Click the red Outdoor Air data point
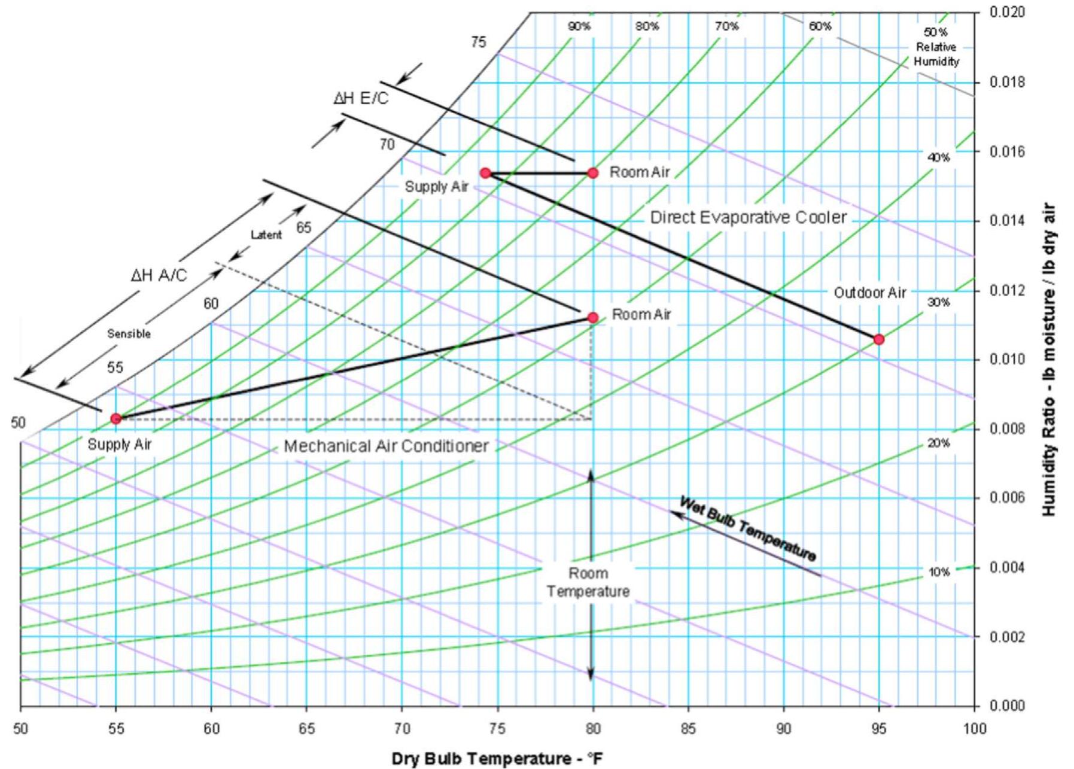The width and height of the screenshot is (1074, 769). pos(878,339)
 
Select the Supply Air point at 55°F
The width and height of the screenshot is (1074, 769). pos(116,418)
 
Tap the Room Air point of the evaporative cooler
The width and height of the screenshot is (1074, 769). pos(592,173)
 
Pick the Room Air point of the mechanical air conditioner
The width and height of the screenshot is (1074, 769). pos(592,317)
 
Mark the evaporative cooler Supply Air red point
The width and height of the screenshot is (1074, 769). pos(486,173)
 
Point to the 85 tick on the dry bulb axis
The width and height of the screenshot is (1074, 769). pos(688,728)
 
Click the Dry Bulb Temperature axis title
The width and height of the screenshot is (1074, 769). pos(497,759)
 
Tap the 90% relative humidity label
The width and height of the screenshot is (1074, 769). pos(579,26)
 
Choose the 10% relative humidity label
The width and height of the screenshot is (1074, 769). pos(939,572)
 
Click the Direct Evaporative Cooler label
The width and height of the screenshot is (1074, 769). pos(749,217)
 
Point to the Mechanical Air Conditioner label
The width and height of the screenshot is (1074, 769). pos(386,446)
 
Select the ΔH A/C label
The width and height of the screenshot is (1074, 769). pos(159,275)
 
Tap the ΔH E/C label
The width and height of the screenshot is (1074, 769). pos(361,98)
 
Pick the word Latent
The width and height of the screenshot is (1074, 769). pos(266,235)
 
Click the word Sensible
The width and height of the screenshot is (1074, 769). pos(129,334)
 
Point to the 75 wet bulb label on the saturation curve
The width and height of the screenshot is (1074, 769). pos(479,42)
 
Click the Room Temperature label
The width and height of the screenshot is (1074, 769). pos(588,582)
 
